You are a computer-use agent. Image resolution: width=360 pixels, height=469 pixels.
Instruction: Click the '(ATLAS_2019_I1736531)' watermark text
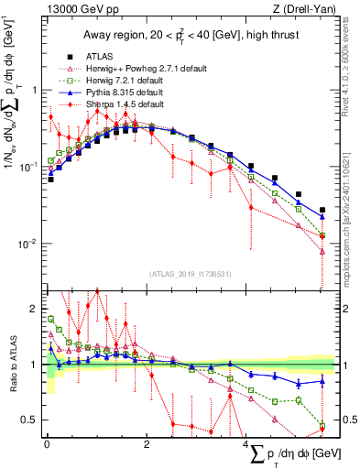191,273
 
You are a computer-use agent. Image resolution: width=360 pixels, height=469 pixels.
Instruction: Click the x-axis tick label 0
47,443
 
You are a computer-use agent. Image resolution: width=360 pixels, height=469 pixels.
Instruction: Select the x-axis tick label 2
147,443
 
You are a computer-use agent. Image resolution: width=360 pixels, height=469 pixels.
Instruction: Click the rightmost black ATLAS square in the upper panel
322,210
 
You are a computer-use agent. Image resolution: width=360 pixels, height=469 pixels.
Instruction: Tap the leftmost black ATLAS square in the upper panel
50,180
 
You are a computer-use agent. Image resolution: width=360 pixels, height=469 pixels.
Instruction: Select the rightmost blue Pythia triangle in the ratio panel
322,381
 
